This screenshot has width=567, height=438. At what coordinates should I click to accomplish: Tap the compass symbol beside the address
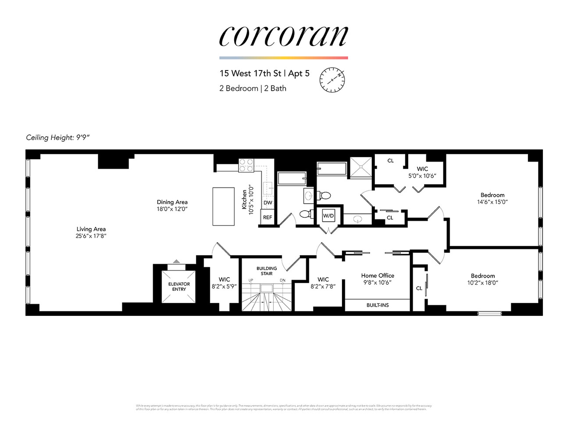click(x=332, y=80)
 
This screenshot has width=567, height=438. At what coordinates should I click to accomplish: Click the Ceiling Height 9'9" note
click(x=58, y=138)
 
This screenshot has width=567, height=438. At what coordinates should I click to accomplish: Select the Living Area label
click(x=91, y=229)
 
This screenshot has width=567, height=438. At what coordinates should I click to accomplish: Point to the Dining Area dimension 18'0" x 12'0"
click(x=172, y=209)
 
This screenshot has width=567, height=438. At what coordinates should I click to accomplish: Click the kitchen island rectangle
click(x=223, y=206)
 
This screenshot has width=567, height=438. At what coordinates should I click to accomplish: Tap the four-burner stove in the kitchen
click(x=246, y=165)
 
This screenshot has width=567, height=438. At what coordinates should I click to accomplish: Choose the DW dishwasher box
click(x=267, y=203)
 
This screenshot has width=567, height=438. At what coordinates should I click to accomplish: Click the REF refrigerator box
click(x=267, y=217)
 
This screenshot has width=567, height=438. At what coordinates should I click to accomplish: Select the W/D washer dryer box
click(x=328, y=215)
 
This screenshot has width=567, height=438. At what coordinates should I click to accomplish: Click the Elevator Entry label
click(x=179, y=286)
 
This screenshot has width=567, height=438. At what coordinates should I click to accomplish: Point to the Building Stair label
click(x=267, y=271)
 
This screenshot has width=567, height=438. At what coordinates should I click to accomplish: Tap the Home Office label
click(x=378, y=276)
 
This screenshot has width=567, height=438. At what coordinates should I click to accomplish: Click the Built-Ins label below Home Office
click(x=378, y=305)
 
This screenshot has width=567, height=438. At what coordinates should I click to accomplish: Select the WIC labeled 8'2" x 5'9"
click(x=224, y=283)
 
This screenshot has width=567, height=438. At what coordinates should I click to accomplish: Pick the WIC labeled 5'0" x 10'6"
click(x=422, y=172)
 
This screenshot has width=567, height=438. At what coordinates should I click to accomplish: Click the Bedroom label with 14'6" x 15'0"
click(x=492, y=195)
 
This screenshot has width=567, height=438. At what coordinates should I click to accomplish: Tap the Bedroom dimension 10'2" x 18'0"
click(x=482, y=283)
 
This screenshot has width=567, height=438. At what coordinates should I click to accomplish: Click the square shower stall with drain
click(x=360, y=167)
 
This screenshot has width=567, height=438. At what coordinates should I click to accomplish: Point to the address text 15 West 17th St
click(x=250, y=74)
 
